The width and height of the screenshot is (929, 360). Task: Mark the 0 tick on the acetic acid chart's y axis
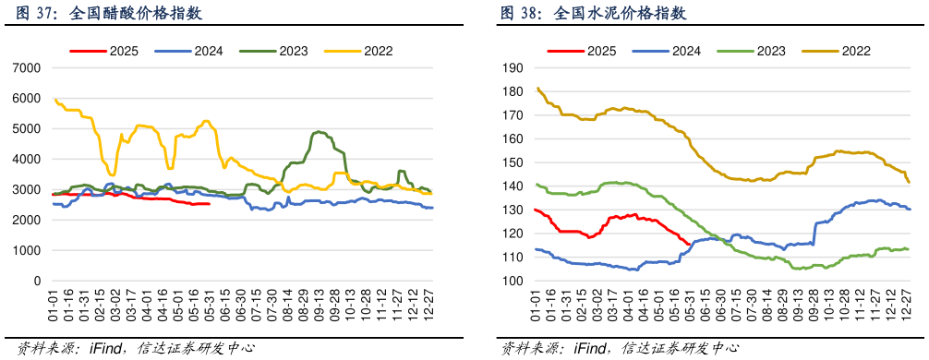pyautogui.click(x=37, y=281)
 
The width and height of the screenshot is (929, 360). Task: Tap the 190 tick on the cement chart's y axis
pyautogui.click(x=513, y=68)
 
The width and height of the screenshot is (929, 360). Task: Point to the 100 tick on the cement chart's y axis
pyautogui.click(x=513, y=281)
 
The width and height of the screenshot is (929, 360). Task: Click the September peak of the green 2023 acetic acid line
pyautogui.click(x=319, y=132)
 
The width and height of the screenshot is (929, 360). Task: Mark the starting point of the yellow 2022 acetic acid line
pyautogui.click(x=54, y=99)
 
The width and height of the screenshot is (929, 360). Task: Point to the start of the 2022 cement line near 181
pyautogui.click(x=537, y=89)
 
